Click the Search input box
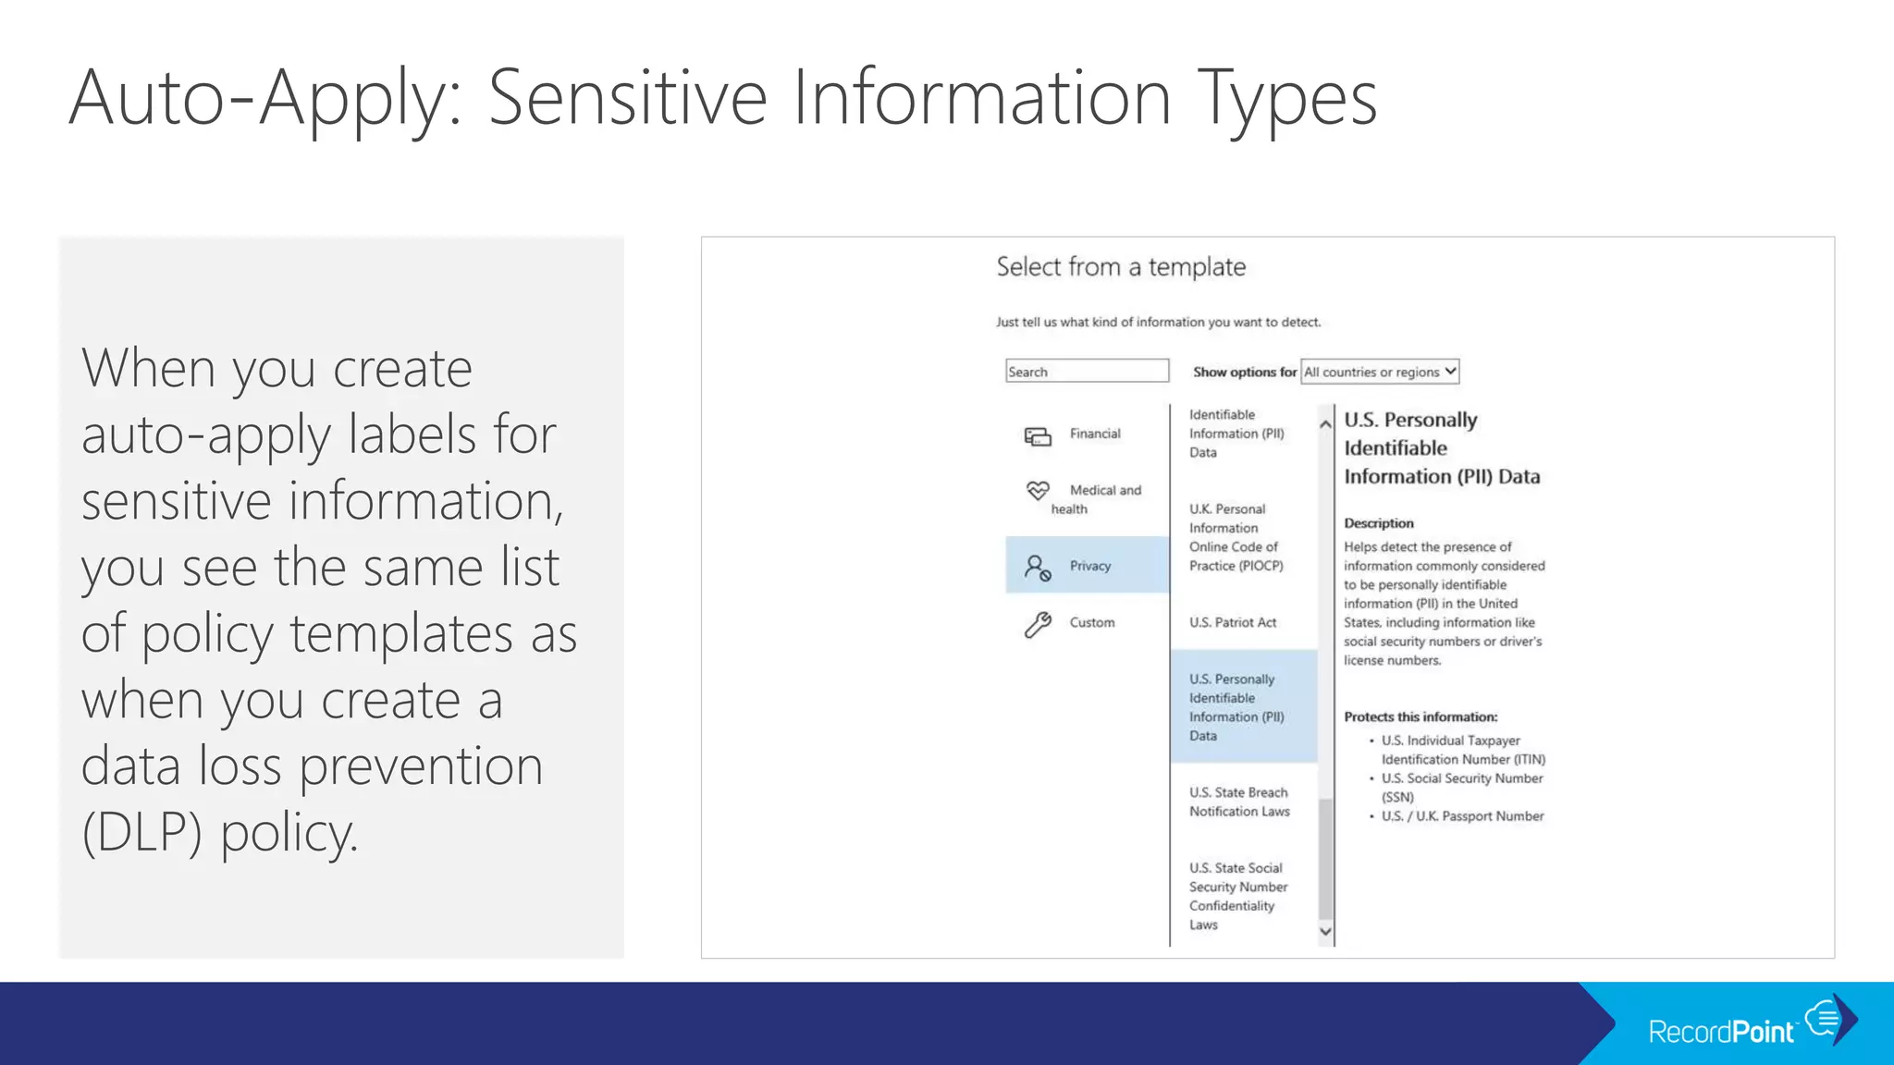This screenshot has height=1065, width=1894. (1087, 372)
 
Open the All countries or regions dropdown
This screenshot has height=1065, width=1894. (1379, 372)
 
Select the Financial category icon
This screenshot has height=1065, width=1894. (1038, 435)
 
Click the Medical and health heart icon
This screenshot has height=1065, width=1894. (1038, 490)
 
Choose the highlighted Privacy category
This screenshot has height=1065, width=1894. (1088, 566)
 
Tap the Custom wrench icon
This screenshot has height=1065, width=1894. (1038, 625)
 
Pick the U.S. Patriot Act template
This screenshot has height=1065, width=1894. (1233, 623)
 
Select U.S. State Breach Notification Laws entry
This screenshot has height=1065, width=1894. (1239, 802)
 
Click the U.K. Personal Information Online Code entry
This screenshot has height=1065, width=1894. (1236, 538)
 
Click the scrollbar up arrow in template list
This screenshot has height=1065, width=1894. (1325, 424)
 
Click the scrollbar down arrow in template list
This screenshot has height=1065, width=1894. (1325, 932)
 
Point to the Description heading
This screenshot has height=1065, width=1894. (1378, 523)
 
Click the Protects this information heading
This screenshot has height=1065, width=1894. (1420, 717)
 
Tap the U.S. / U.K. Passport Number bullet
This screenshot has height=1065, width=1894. (1462, 816)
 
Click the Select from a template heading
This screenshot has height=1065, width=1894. (1121, 267)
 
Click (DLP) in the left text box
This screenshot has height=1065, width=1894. (141, 832)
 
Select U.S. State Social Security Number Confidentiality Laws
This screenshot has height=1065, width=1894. (1237, 897)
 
